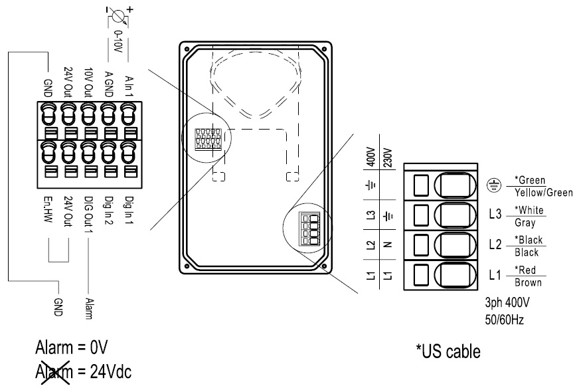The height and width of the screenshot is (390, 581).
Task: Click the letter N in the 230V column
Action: pos(390,243)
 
